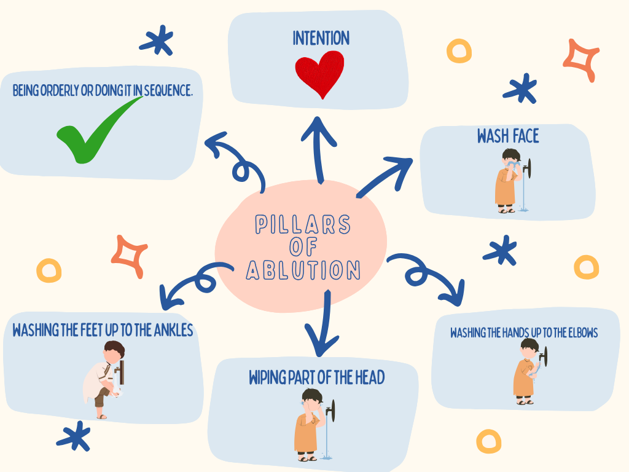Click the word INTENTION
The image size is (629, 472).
(x=321, y=38)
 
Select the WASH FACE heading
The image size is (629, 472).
(x=508, y=136)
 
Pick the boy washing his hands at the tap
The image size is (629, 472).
(x=526, y=371)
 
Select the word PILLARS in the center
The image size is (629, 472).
(x=303, y=225)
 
